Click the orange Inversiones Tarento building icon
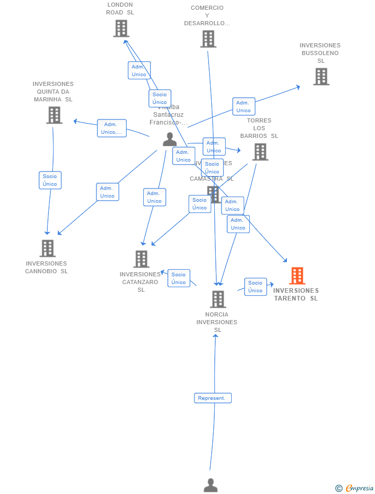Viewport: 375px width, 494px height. point(297,276)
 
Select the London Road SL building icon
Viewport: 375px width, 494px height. point(121,28)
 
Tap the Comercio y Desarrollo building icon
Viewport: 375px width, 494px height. point(208,39)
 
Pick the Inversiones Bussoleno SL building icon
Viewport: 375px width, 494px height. point(321,76)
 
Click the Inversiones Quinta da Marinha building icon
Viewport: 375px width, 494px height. point(54,115)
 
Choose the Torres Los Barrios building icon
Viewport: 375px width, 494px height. point(260,152)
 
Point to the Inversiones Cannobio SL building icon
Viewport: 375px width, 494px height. point(47,248)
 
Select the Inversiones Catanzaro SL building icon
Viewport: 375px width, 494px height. point(141,259)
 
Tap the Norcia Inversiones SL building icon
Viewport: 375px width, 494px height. point(218,299)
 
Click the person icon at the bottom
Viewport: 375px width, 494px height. point(211,485)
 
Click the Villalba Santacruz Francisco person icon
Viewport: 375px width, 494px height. point(169,139)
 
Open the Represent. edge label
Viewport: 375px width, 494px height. point(213,398)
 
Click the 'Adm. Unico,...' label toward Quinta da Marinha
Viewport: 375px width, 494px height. point(112,128)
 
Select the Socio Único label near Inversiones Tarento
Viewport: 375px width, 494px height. point(255,287)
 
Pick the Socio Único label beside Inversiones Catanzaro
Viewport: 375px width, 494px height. point(179,278)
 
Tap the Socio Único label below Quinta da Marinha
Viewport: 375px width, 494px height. point(50,180)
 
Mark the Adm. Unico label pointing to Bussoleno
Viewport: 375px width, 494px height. point(244,107)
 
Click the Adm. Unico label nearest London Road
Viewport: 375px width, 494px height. point(139,70)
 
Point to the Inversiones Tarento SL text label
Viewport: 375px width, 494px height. point(296,294)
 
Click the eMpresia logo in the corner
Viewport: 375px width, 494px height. point(355,488)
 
